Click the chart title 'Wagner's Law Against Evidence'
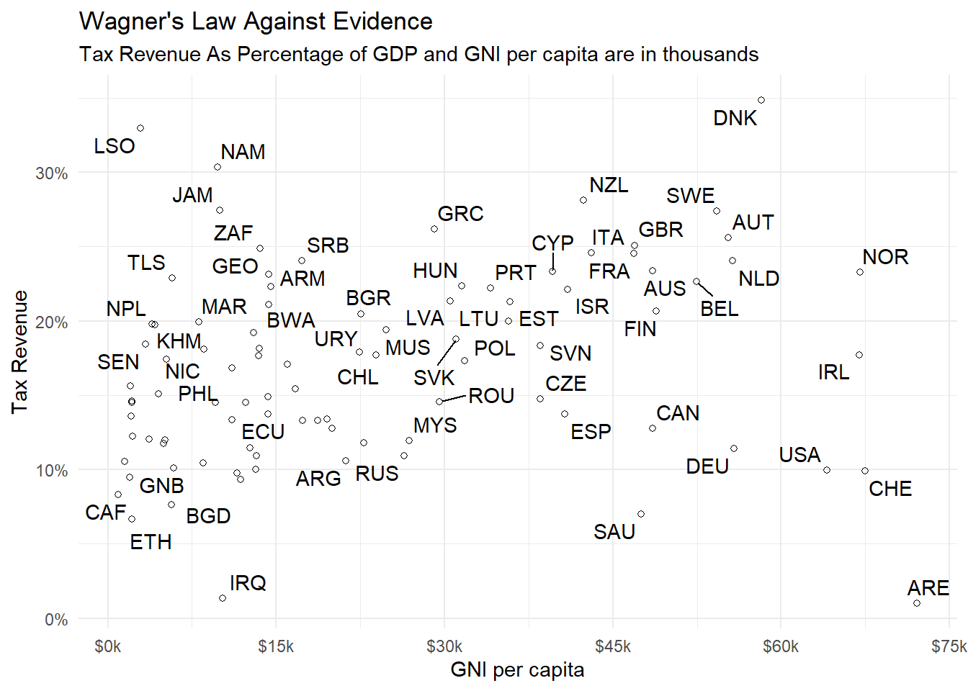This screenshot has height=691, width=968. click(x=256, y=22)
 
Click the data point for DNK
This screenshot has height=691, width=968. click(x=761, y=100)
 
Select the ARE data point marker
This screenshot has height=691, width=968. click(x=917, y=603)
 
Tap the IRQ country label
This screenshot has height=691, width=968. click(x=248, y=582)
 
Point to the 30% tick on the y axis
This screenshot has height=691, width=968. click(x=52, y=173)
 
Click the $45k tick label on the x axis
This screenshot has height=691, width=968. click(x=613, y=646)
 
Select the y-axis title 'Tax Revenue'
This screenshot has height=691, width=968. click(x=19, y=352)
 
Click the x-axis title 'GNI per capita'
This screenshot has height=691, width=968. click(x=517, y=669)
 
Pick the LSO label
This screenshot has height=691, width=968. click(x=115, y=146)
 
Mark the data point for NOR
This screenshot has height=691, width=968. click(x=860, y=272)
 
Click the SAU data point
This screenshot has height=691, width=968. click(x=641, y=514)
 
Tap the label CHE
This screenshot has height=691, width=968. click(x=890, y=489)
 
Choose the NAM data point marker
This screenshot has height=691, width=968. click(x=218, y=167)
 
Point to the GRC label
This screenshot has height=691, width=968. click(x=460, y=214)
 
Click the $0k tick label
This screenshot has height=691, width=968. click(x=108, y=646)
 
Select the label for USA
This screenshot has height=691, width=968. click(x=799, y=455)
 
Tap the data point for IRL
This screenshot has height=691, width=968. click(x=859, y=355)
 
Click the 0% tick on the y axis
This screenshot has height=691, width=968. click(x=56, y=620)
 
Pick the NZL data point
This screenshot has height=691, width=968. click(x=583, y=200)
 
